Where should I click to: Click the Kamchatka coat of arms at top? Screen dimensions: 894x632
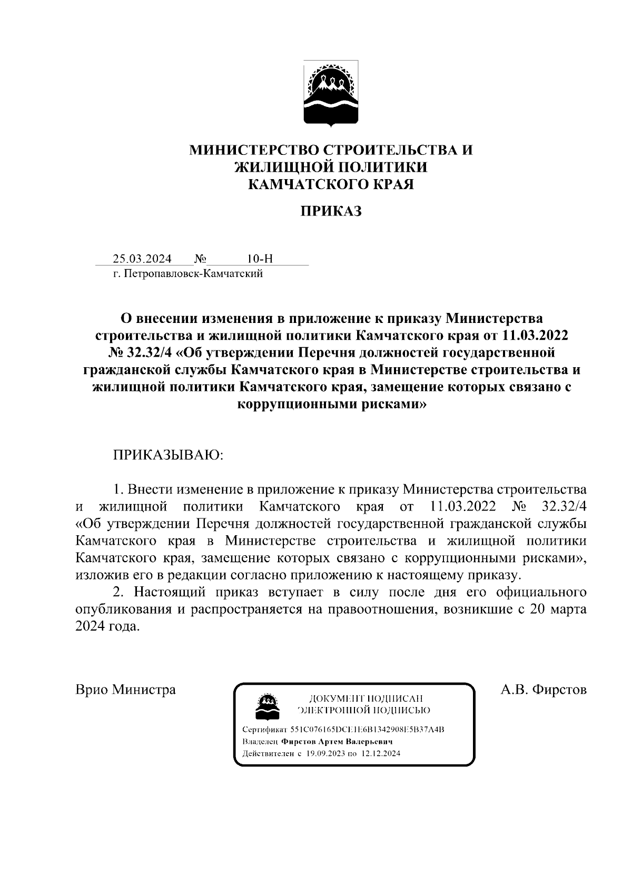coord(331,93)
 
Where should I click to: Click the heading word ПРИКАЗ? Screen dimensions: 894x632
coord(331,212)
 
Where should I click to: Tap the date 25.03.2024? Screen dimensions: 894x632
coord(142,259)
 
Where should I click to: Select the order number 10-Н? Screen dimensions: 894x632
coord(259,259)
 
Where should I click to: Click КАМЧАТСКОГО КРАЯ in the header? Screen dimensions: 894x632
coord(331,184)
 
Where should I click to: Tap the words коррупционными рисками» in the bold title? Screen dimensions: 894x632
coord(331,405)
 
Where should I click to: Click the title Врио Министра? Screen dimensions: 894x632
coord(126,690)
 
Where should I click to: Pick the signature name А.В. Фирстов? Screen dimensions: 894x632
coord(544,690)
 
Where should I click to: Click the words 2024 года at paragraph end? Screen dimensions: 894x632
coord(108,627)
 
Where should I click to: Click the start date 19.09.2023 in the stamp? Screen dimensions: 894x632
coord(324,753)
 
